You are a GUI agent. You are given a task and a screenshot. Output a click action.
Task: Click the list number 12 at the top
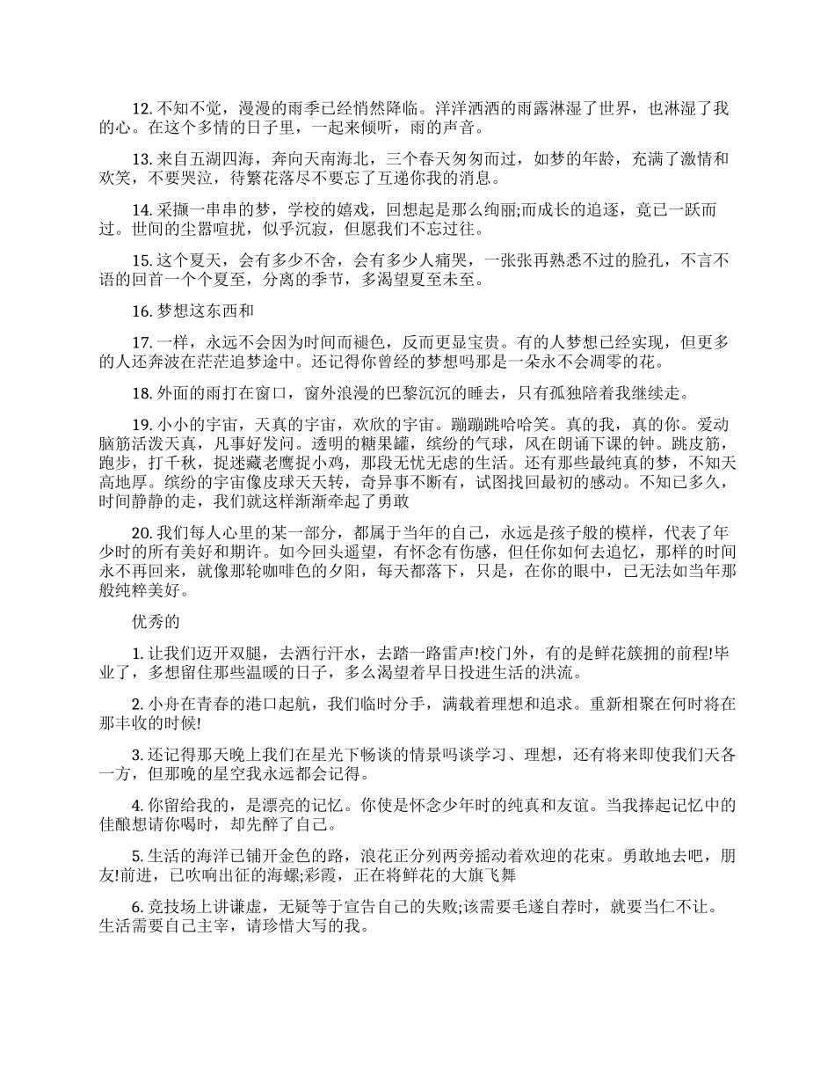tap(142, 110)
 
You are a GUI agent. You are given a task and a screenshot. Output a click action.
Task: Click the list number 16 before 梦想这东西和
tap(142, 311)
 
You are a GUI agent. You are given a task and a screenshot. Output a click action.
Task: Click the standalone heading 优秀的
tap(156, 622)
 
